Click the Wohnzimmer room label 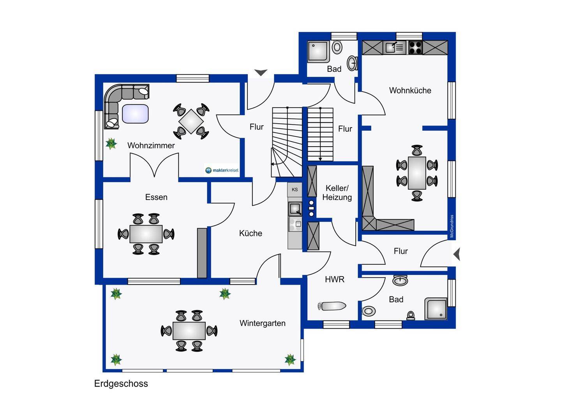[x=151, y=145]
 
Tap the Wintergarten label [x=262, y=323]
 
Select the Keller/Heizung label [x=337, y=193]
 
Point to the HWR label [x=335, y=279]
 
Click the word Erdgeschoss [x=121, y=384]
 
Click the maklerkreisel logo [x=222, y=170]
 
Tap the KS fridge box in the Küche [x=295, y=190]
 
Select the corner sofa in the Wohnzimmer [x=117, y=101]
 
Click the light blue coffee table [x=135, y=113]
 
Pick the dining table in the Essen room [x=146, y=234]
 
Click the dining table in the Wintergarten [x=189, y=331]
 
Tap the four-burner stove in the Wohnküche [x=415, y=48]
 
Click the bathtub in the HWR [x=332, y=306]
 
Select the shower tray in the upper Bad [x=318, y=51]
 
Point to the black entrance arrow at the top [x=261, y=73]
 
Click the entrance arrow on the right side [x=457, y=254]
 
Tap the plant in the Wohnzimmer [x=111, y=144]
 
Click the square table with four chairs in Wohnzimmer [x=191, y=121]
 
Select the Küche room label [x=251, y=233]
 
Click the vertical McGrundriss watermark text [x=452, y=226]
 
